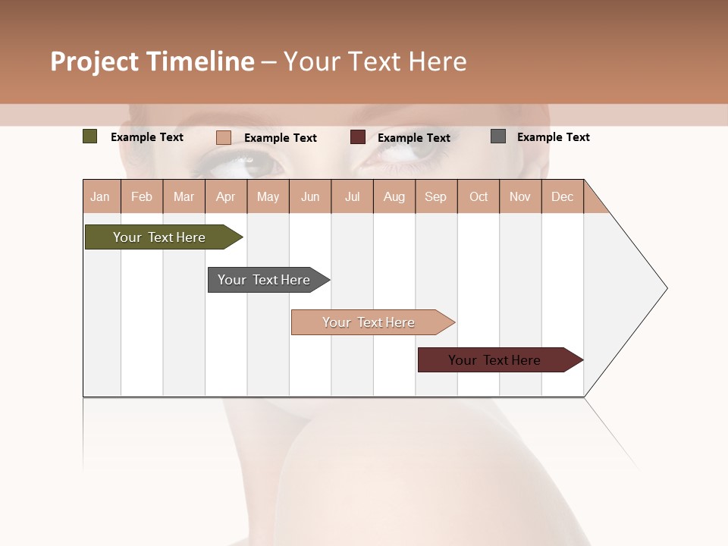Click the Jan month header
click(x=101, y=196)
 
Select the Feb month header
click(x=142, y=196)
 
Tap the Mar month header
click(x=184, y=196)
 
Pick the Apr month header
click(x=226, y=196)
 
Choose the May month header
click(x=268, y=196)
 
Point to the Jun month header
click(x=310, y=196)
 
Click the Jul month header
click(x=352, y=196)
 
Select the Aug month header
click(x=394, y=196)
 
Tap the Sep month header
click(x=436, y=196)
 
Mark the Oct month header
click(x=479, y=196)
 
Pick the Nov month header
click(x=520, y=196)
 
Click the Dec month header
click(x=562, y=196)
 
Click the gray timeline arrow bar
click(x=266, y=280)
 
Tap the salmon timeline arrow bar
click(x=371, y=322)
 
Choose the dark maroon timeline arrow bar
click(x=497, y=360)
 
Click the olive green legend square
click(x=90, y=136)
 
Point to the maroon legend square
click(x=358, y=137)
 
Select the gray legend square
click(x=498, y=136)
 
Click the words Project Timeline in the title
click(x=152, y=61)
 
